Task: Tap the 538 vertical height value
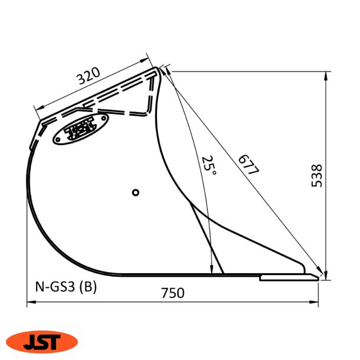pos(317,175)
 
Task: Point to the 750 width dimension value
pos(172,293)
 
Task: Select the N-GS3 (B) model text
pos(63,287)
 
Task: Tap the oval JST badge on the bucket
pos(80,129)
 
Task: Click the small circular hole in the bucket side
pos(135,192)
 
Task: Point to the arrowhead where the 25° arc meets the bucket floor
pos(211,271)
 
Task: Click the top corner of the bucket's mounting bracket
pos(158,70)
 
